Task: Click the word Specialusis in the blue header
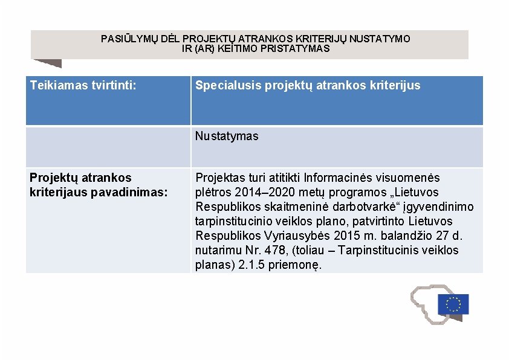click(x=228, y=85)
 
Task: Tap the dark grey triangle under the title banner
click(x=50, y=62)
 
